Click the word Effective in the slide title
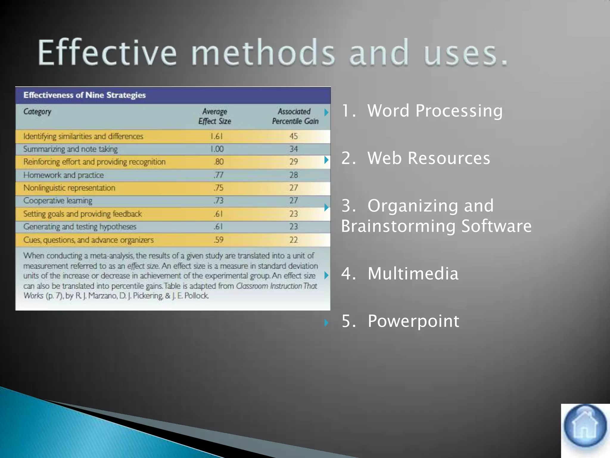tap(107, 53)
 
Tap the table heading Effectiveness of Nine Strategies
tap(85, 95)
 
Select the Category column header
tap(37, 112)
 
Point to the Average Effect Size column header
tap(215, 116)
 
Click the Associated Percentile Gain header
tap(295, 116)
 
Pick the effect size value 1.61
tap(217, 136)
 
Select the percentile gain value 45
tap(293, 136)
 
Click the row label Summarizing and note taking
tap(71, 149)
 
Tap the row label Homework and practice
tap(63, 175)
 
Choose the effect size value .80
tap(219, 162)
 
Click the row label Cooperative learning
tap(58, 201)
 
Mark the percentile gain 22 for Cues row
tap(293, 240)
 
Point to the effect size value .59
tap(218, 240)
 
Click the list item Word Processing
tap(435, 111)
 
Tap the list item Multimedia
tap(413, 273)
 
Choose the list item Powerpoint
tap(413, 321)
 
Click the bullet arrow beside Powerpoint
tap(326, 322)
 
